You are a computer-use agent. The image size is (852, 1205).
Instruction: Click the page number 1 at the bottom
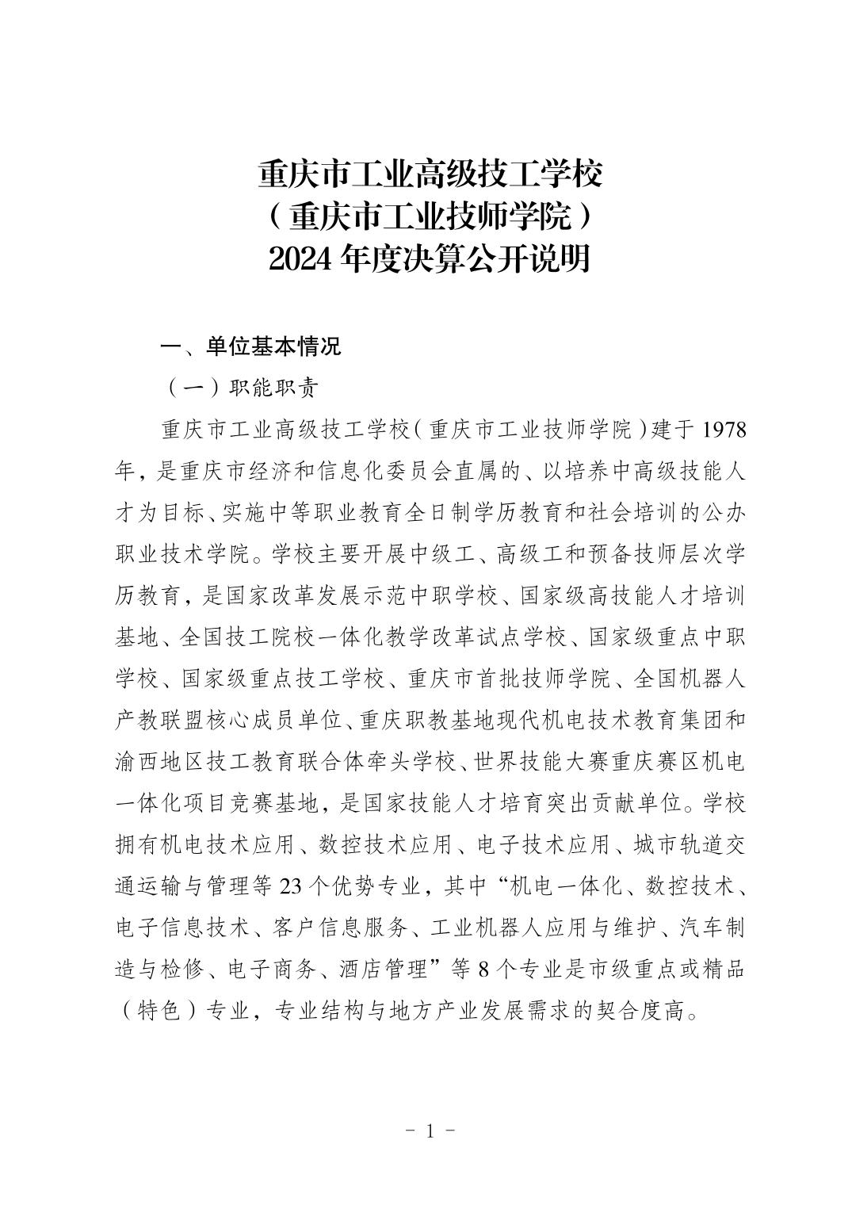tap(430, 1130)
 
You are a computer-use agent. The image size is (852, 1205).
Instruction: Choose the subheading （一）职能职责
tap(241, 388)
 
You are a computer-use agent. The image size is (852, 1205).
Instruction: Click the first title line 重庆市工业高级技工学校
tap(429, 174)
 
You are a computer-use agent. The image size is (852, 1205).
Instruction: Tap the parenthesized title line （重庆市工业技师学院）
tap(429, 216)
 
